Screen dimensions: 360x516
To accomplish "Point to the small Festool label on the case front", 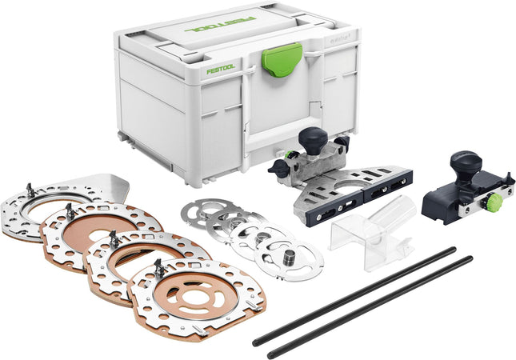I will (x=220, y=70).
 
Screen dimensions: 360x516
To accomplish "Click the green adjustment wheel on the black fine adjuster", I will (x=494, y=203).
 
